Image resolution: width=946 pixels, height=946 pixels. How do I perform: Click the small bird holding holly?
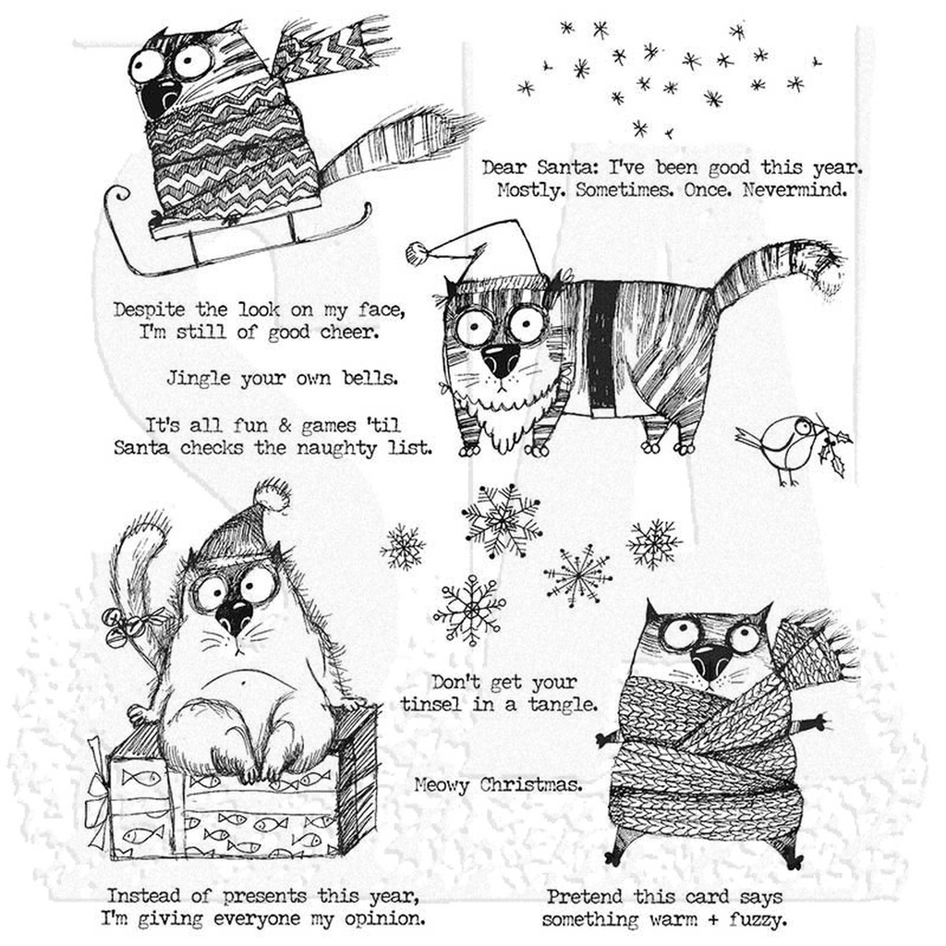pyautogui.click(x=785, y=445)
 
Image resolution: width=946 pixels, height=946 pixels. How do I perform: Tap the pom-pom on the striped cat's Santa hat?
pyautogui.click(x=419, y=252)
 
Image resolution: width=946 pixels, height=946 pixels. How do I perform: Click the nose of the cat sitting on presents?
pyautogui.click(x=233, y=613)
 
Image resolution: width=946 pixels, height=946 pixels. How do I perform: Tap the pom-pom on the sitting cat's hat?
pyautogui.click(x=273, y=498)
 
